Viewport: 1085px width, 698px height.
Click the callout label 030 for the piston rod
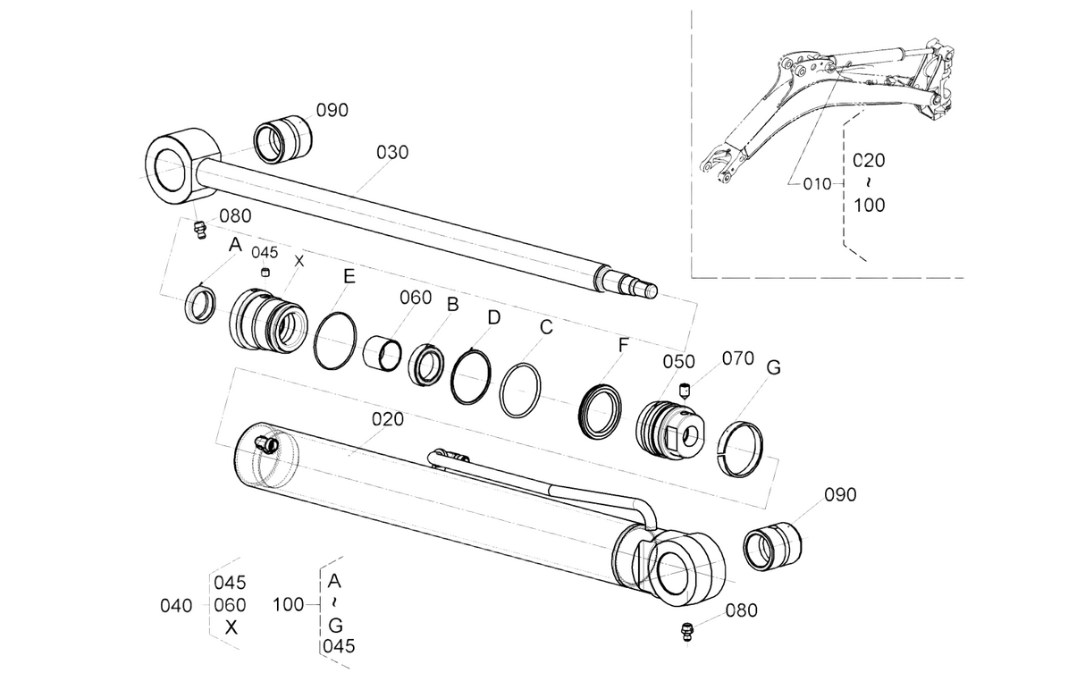tap(392, 153)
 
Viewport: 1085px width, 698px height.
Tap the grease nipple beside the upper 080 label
tap(199, 230)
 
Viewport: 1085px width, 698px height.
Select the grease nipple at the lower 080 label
tap(686, 634)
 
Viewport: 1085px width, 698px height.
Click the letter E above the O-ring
tap(349, 276)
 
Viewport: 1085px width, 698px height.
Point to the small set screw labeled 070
tap(685, 390)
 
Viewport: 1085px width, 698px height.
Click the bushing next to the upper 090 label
tap(283, 139)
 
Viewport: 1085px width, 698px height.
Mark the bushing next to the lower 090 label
tap(772, 546)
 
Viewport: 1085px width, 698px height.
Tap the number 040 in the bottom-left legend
tap(176, 606)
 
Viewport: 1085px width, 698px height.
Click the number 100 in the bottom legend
tap(288, 605)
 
